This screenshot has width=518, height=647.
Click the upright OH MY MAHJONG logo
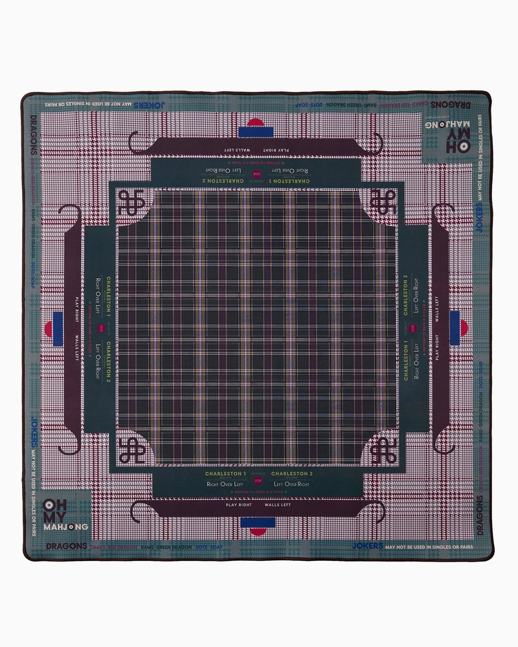coord(65,514)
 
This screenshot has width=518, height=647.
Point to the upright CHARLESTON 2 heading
coord(292,474)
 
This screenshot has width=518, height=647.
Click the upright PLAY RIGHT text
coord(238,504)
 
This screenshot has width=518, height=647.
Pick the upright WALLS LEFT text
coord(278,504)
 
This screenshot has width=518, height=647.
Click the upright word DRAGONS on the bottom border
coord(67,546)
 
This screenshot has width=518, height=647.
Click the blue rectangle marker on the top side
coord(256,132)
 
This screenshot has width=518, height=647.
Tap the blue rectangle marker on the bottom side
coord(262,521)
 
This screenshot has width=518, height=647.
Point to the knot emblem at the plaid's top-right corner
coord(383,204)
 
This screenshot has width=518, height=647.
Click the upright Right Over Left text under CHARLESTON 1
coord(224,484)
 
